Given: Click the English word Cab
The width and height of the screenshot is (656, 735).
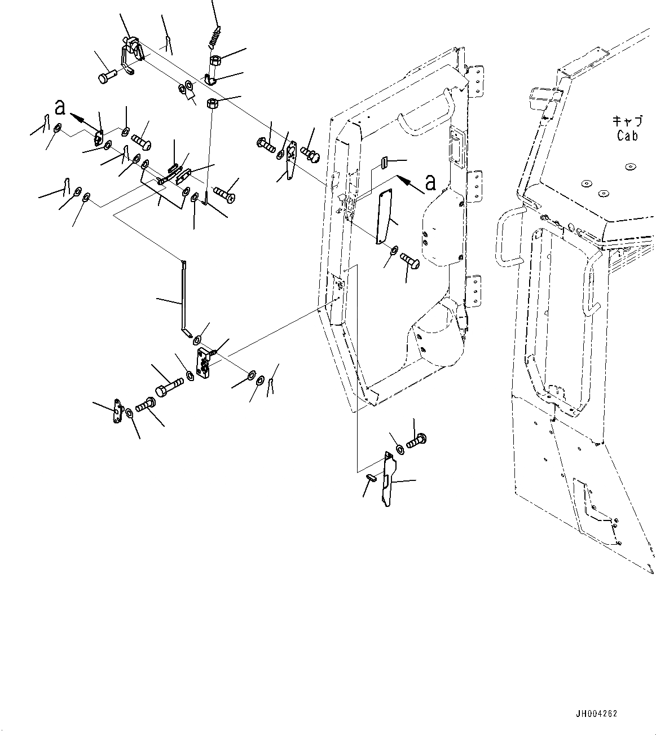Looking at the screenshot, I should point(627,135).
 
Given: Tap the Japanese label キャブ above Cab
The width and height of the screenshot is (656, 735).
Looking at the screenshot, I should point(627,121).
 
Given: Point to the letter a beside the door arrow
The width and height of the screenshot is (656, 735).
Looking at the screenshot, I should point(430,182).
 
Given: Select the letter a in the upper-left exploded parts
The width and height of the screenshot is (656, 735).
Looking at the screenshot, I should point(60,107).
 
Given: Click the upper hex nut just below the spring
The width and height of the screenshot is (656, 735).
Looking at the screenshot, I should point(215,60).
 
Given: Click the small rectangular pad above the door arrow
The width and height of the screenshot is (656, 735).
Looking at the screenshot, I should point(384,163).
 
